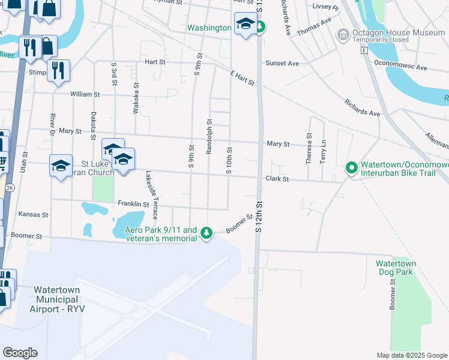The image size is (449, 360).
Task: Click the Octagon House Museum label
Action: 399,32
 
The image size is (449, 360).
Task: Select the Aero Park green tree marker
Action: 206,233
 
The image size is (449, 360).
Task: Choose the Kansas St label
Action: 33,214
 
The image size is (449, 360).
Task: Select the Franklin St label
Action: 133,203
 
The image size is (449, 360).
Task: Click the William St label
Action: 85,95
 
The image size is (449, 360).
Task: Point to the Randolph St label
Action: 209,136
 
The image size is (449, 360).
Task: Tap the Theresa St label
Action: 309,148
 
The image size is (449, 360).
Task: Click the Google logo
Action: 20,353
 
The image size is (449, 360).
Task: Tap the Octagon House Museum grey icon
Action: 343,34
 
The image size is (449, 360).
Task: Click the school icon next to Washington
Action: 244,24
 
